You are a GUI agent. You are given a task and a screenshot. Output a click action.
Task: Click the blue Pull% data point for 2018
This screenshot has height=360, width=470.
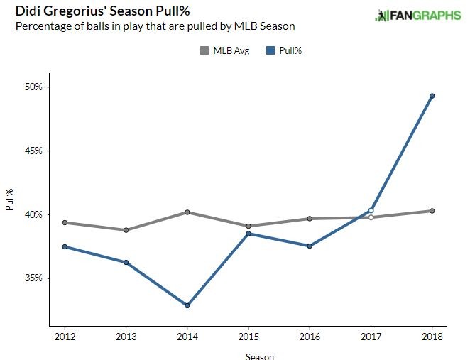pyautogui.click(x=432, y=96)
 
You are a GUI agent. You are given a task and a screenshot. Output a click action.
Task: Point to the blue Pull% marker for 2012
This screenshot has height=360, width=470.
pyautogui.click(x=65, y=246)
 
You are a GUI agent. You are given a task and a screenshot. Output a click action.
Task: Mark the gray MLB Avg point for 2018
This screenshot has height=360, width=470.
pyautogui.click(x=432, y=211)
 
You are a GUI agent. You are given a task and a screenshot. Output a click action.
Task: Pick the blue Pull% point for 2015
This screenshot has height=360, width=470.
pyautogui.click(x=248, y=234)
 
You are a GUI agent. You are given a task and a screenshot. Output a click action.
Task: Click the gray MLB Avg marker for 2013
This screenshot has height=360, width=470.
pyautogui.click(x=126, y=230)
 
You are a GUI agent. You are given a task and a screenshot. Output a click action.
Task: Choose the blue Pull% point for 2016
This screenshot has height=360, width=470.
pyautogui.click(x=310, y=246)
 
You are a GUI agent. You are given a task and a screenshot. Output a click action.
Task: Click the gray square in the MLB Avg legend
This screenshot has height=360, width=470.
pyautogui.click(x=204, y=50)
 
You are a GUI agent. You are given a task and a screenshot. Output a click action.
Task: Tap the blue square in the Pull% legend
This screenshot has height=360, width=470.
pyautogui.click(x=271, y=50)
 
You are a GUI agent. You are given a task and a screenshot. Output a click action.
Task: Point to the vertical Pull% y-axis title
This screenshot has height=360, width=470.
pyautogui.click(x=9, y=200)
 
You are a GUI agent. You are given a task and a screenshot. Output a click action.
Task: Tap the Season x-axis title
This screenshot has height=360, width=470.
pyautogui.click(x=260, y=356)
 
